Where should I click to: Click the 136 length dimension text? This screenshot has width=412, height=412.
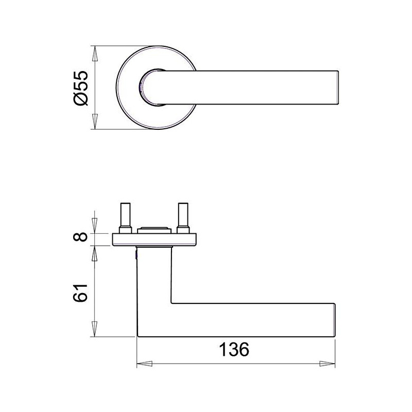point(234,350)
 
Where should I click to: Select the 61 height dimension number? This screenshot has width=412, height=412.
point(80,293)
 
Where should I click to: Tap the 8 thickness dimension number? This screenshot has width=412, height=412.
point(80,236)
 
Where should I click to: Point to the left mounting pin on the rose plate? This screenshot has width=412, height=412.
point(125,218)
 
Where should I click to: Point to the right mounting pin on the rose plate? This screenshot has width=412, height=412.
point(183,218)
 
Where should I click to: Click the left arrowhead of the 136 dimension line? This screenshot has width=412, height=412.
point(145,364)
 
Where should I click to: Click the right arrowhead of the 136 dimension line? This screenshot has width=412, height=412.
point(328,364)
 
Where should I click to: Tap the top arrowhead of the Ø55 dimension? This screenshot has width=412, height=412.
point(95,54)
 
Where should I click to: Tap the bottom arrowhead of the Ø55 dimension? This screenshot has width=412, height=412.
point(95,122)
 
